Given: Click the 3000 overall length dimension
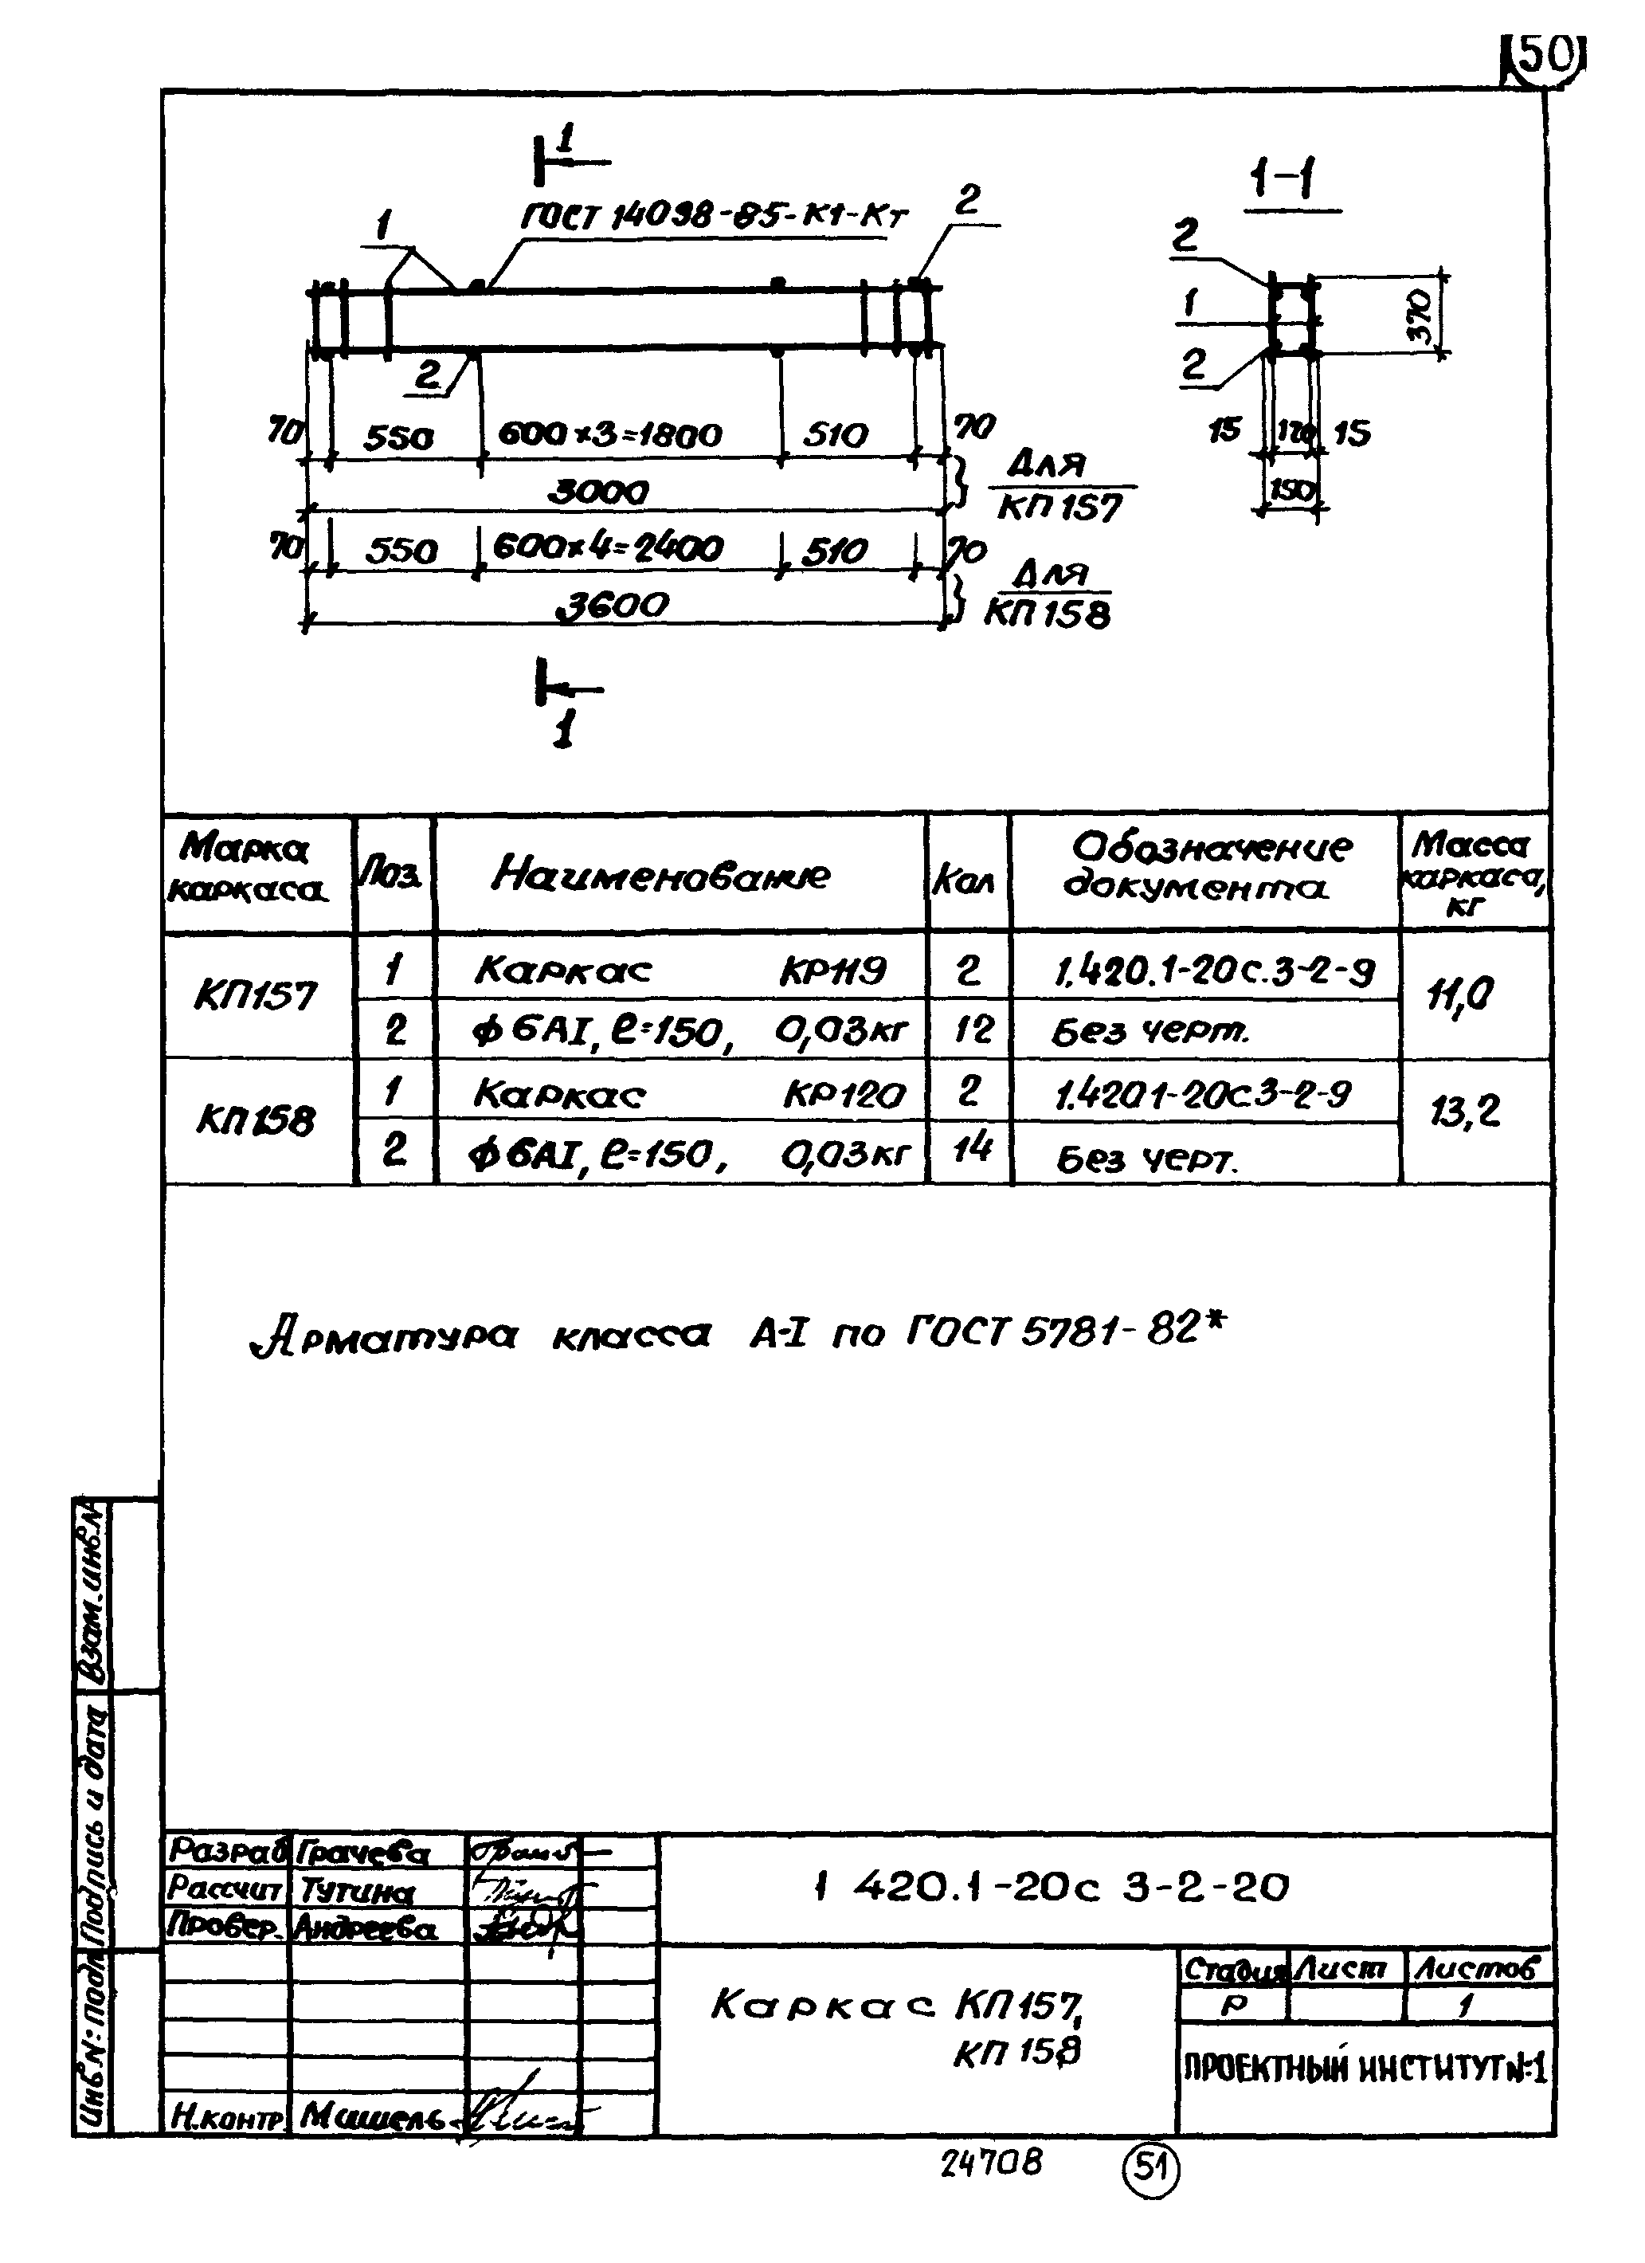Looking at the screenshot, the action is [x=598, y=491].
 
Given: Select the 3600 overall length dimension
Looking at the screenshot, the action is [x=612, y=605].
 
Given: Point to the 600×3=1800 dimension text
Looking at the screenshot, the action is [x=609, y=435].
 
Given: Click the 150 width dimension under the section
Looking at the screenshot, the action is [x=1292, y=491].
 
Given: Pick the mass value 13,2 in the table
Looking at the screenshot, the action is [x=1464, y=1111].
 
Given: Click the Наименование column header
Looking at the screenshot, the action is [x=660, y=875].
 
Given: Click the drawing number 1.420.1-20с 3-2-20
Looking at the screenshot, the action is [x=1052, y=1887].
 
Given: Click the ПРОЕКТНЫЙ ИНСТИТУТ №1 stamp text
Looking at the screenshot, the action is [x=1365, y=2068].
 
